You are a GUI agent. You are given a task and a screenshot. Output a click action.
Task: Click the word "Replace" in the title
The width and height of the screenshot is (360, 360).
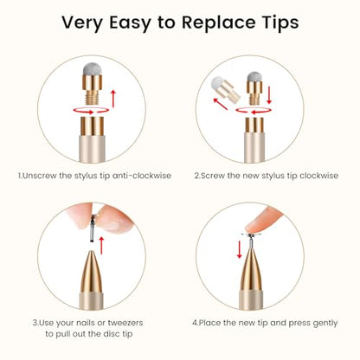pos(218,22)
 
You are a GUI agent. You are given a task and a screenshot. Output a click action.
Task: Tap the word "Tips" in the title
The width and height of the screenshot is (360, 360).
pos(280,22)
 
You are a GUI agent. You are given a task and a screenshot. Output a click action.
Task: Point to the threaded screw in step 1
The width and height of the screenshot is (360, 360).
pos(92,97)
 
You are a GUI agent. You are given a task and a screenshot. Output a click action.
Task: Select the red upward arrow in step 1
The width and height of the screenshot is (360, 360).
pos(113,99)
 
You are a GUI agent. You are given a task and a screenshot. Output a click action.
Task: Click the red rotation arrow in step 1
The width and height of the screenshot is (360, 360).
pos(91,111)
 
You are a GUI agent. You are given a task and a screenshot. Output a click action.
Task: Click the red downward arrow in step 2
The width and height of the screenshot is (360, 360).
pos(269,94)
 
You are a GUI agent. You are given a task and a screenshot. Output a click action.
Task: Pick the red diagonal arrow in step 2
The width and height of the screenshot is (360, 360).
pos(221,104)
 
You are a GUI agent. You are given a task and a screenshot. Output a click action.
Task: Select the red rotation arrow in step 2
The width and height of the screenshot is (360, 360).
pos(254,111)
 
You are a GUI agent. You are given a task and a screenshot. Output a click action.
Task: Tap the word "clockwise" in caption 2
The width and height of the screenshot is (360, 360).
pos(318,176)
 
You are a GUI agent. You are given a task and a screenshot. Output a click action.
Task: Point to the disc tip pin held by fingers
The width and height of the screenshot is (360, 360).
pos(93,228)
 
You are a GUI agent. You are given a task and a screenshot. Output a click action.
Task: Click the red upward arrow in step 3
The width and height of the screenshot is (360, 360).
pos(101,246)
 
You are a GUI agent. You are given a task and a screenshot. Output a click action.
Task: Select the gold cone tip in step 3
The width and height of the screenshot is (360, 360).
pos(92,272)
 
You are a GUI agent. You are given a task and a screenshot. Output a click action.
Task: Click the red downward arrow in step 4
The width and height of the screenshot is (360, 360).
pos(239,250)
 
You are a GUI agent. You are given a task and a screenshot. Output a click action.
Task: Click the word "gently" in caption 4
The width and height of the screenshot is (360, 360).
pos(325,324)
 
